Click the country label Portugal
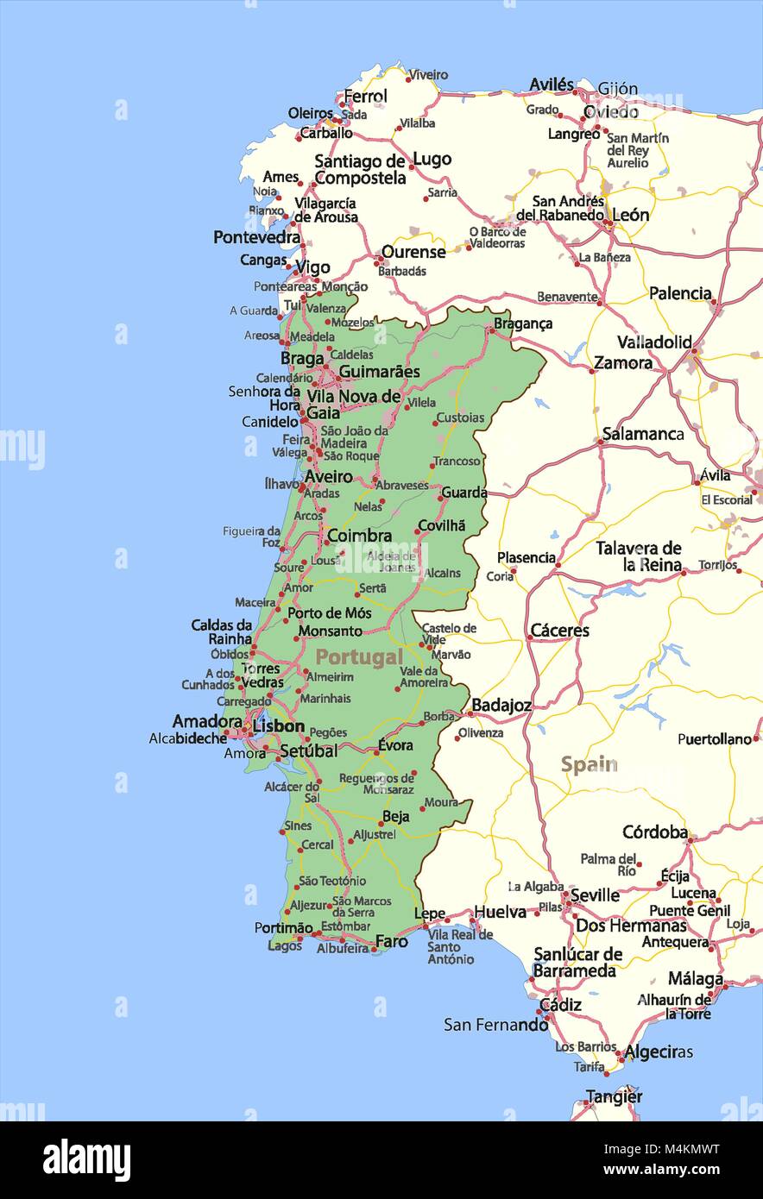point(359,657)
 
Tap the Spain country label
point(589,764)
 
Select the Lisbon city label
point(278,726)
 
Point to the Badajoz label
point(501,706)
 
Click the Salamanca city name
point(643,434)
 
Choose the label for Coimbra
point(359,536)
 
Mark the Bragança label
point(523,323)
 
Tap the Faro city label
point(392,941)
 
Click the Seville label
point(595,895)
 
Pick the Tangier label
point(614,1096)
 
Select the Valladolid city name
point(654,342)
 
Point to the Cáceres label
point(559,631)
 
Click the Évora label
point(395,745)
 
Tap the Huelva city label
point(500,912)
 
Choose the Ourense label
point(413,252)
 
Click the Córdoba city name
point(655,832)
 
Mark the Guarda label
point(464,493)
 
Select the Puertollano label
point(714,739)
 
